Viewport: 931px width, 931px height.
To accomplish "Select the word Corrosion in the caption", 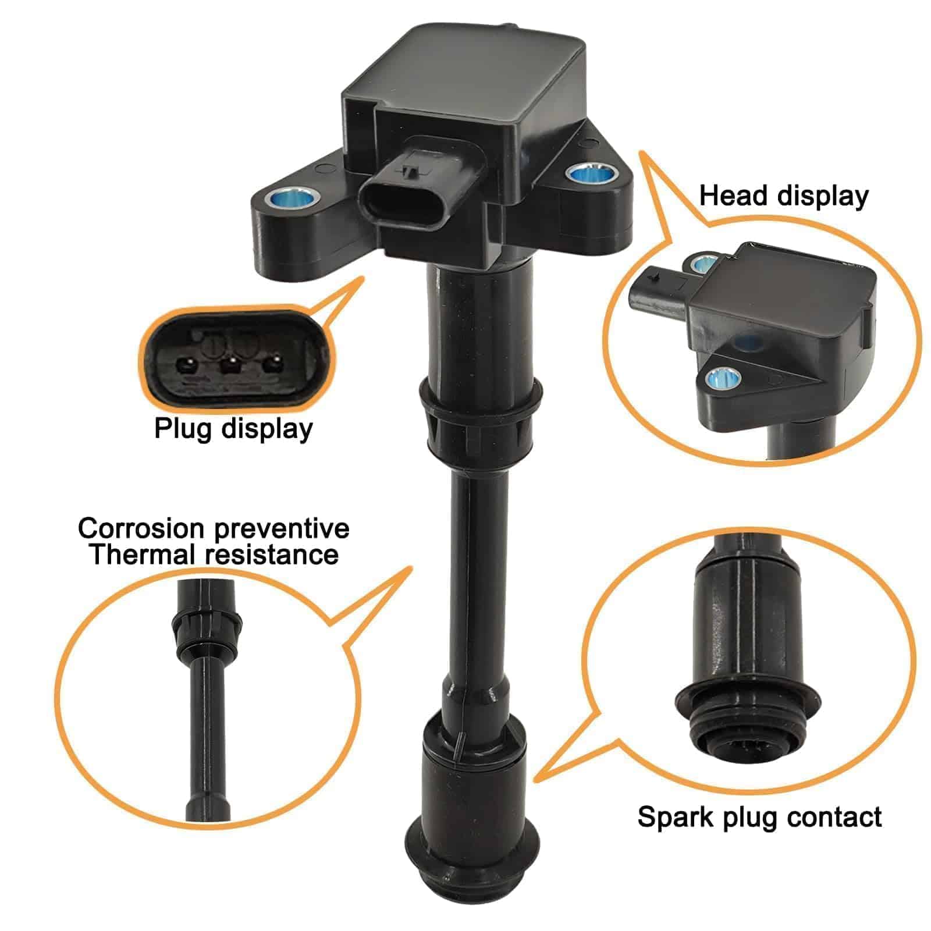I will pos(141,528).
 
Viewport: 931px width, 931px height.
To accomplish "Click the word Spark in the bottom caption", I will pos(675,817).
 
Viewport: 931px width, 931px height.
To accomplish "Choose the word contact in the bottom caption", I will pos(836,817).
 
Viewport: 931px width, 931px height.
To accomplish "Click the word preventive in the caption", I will pos(282,528).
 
